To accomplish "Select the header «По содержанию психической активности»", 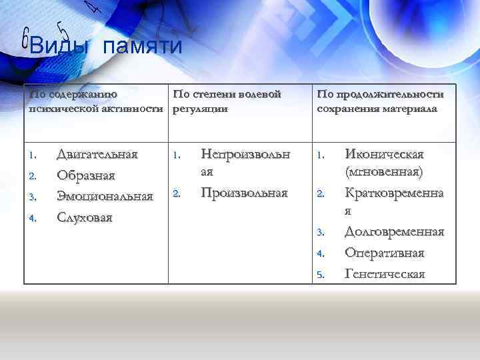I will pos(96,101).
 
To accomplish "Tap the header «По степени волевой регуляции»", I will pos(227,101).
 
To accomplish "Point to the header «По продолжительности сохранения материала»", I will pos(380,101).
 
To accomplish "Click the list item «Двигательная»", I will pos(97,154).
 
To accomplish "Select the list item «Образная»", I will pos(86,175).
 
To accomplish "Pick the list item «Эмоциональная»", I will pos(105,196).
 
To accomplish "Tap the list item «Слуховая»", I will pos(85,217).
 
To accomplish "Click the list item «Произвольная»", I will pos(244,193).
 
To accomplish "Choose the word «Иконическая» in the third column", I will pos(384,154).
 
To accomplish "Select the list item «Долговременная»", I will pos(394,231).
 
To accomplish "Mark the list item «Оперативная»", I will pos(384,253).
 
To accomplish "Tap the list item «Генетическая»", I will pos(385,273).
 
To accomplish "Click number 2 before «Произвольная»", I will pos(176,195).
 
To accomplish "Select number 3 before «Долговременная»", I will pos(320,233).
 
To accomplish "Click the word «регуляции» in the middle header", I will pos(200,109).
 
